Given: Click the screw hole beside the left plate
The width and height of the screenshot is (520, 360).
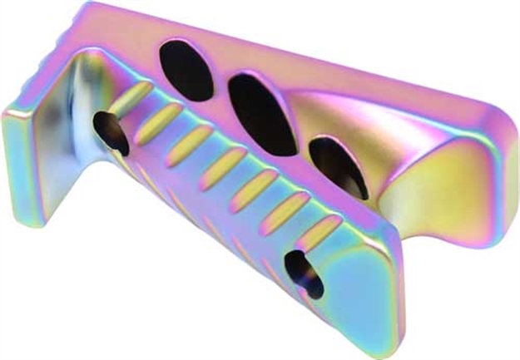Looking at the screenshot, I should click(x=110, y=131).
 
